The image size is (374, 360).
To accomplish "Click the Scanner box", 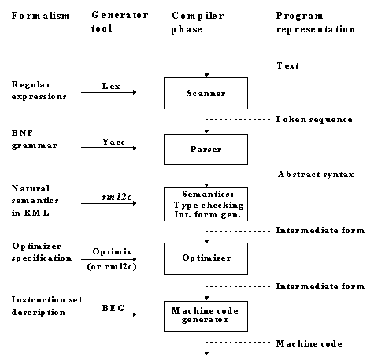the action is point(206,93).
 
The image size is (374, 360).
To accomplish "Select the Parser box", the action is point(206,149).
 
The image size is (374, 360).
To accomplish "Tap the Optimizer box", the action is point(206,258).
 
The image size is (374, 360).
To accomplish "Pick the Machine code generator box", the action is point(206,316).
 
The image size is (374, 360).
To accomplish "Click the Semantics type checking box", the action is point(206,204).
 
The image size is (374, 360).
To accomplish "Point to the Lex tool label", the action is point(111,86).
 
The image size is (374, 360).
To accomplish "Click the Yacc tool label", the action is point(113,142).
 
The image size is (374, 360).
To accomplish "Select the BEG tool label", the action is point(113,308).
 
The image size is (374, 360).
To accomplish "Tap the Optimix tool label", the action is point(112,251).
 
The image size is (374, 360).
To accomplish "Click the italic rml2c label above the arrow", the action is point(117,197).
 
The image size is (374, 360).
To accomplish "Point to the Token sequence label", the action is point(313,120).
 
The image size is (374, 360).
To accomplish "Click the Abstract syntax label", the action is point(316,175).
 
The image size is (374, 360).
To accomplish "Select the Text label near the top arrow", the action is point(287,65).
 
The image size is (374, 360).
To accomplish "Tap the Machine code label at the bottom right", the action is point(309,343).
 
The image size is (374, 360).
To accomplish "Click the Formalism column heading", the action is point(40,16).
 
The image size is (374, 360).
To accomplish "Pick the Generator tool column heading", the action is point(120,21).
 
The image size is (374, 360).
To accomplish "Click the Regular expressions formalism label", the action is point(39,91).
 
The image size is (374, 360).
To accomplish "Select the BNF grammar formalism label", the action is point(34,139).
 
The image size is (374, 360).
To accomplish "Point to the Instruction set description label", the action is point(46,306).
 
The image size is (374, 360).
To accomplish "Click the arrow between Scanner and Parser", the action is point(206,123).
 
